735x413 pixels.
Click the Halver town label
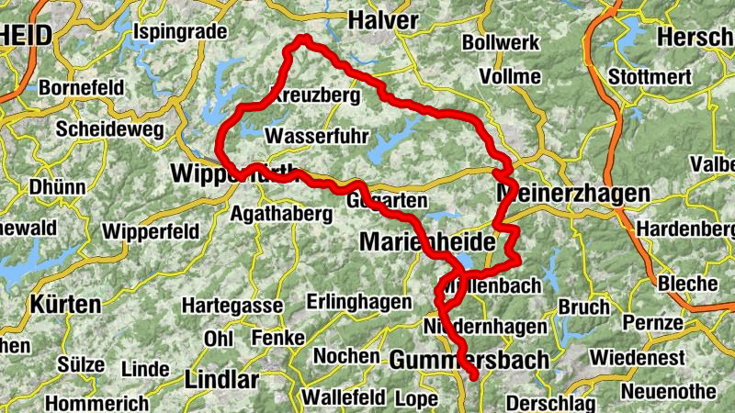[x=383, y=20]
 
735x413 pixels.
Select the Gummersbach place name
[x=469, y=361]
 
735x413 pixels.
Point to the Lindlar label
[x=217, y=379]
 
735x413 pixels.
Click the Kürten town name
[x=63, y=303]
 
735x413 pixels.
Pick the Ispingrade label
[x=180, y=32]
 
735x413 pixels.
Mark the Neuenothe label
[x=668, y=391]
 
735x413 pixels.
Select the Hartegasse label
[x=227, y=304]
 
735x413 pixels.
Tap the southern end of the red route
[x=473, y=374]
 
